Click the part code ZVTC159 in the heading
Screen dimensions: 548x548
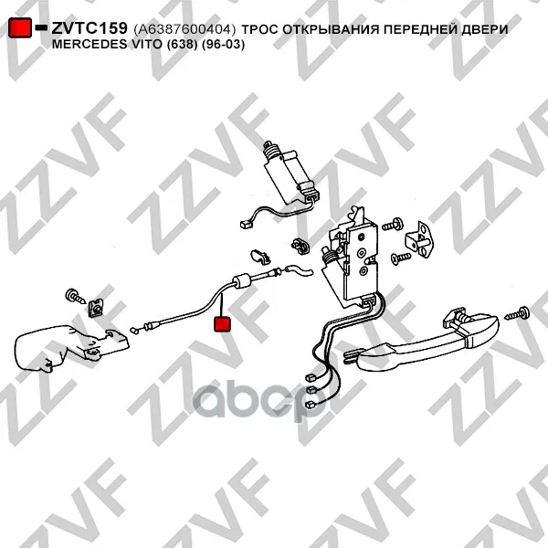(x=90, y=28)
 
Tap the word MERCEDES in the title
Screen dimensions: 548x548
(x=90, y=44)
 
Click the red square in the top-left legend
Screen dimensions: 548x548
(x=20, y=27)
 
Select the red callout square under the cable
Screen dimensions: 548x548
(x=222, y=323)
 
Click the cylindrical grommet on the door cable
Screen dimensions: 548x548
(x=242, y=281)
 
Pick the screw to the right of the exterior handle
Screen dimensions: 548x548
(x=517, y=314)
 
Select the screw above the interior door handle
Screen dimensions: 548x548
(x=75, y=296)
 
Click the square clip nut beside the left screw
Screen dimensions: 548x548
(x=95, y=308)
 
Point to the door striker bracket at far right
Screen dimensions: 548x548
(x=419, y=240)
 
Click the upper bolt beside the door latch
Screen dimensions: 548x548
(x=392, y=225)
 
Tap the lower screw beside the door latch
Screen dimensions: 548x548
(x=401, y=258)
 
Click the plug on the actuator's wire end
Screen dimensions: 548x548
(x=245, y=224)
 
